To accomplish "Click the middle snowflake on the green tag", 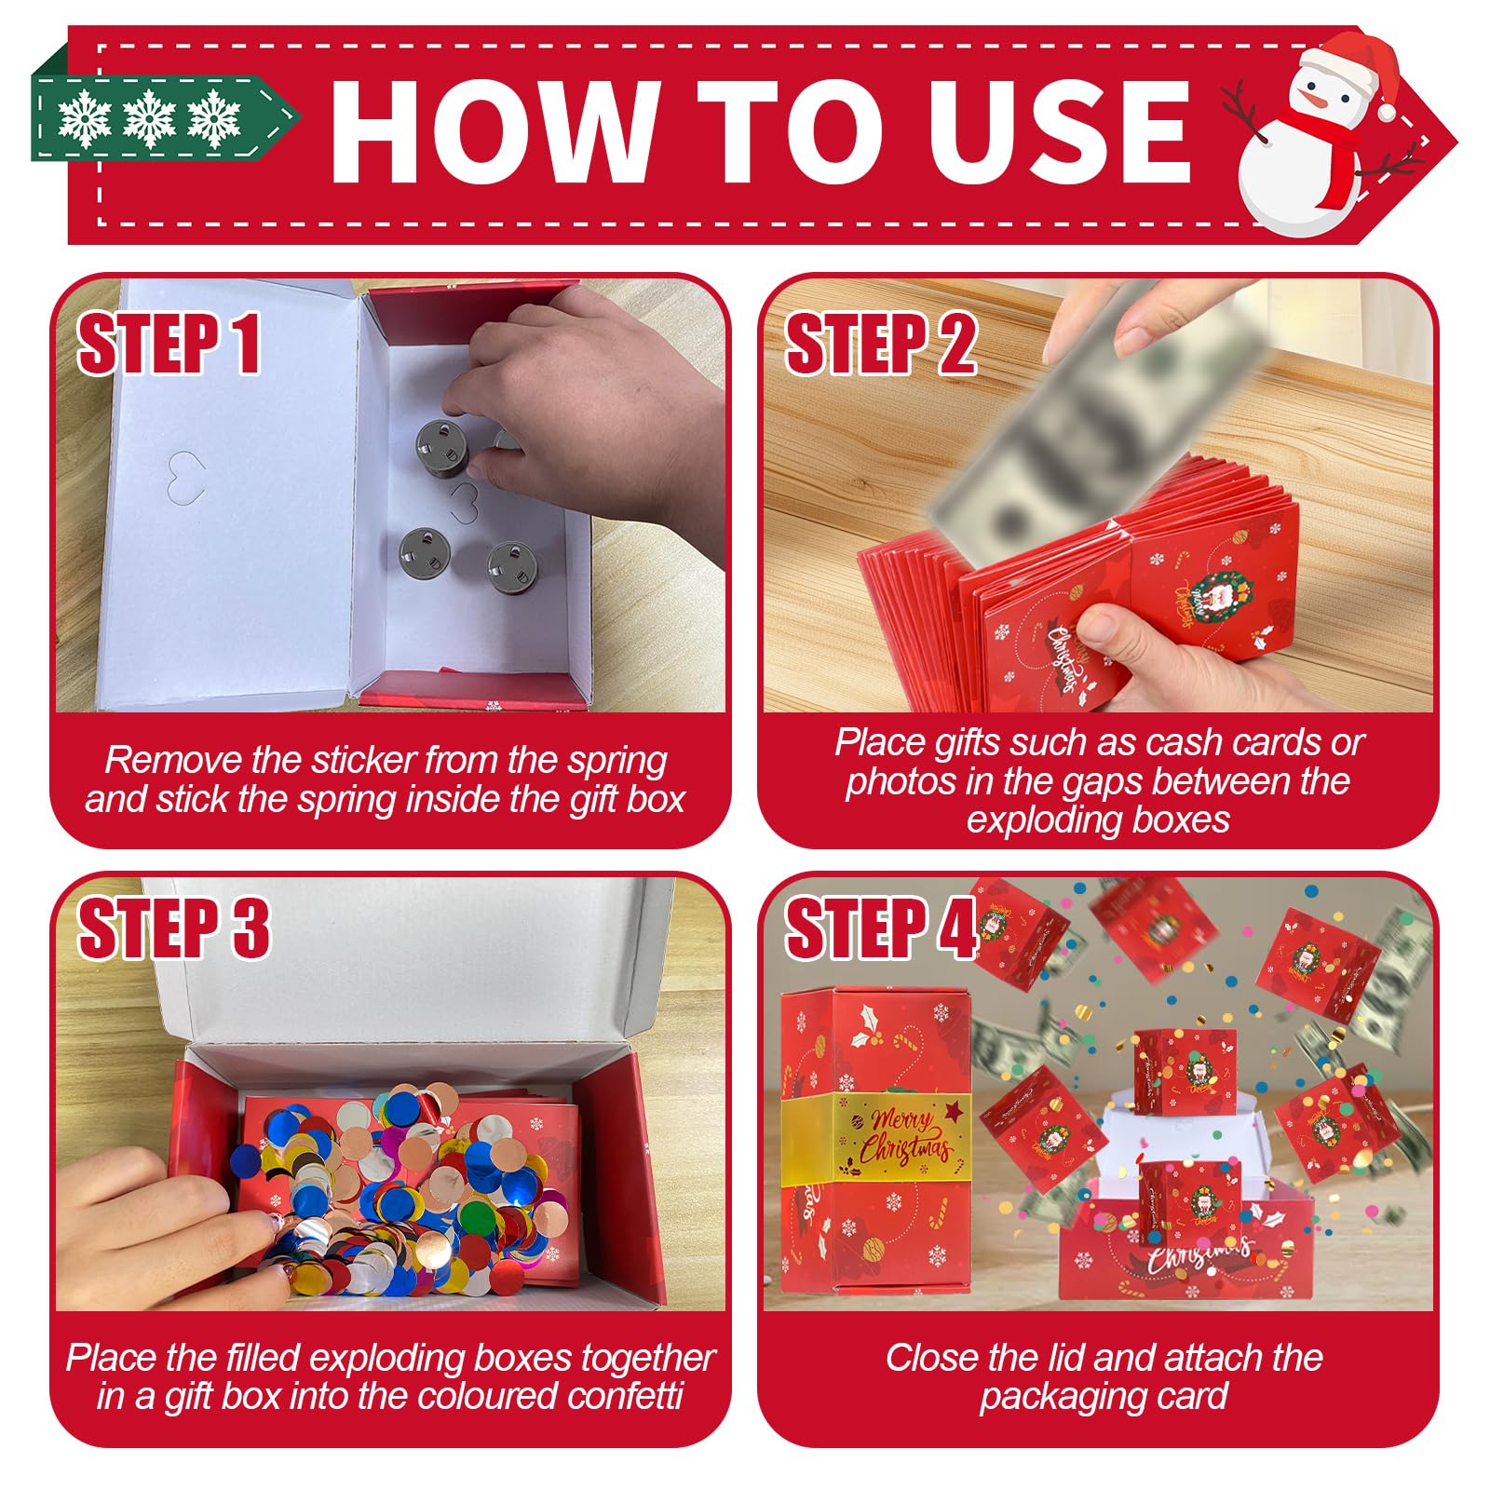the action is click(x=150, y=118).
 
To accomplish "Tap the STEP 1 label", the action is click(x=169, y=345).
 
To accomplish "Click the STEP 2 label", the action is click(x=881, y=345).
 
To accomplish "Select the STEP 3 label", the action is click(x=174, y=928).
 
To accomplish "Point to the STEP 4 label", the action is click(x=881, y=928).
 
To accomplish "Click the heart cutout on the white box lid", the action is click(x=185, y=476).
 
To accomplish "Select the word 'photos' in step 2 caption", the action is click(x=901, y=782).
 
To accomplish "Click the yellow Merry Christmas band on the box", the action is click(x=875, y=1134).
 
